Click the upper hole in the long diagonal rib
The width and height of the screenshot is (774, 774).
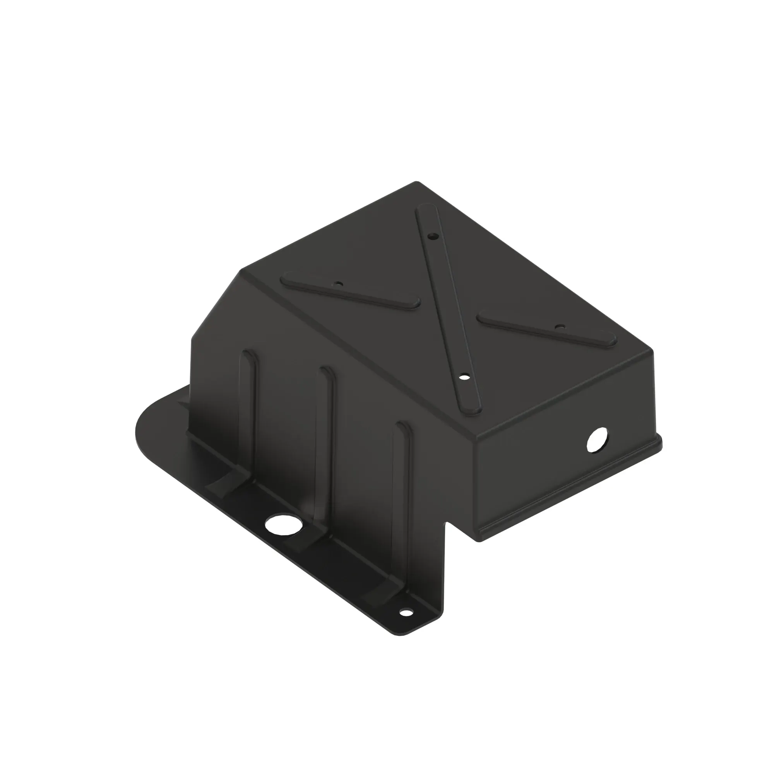432,237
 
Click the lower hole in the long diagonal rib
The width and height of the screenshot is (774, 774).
464,377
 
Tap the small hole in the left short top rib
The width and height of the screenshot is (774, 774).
339,284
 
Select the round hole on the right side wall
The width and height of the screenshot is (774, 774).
597,440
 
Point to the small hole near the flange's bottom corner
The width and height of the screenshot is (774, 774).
406,624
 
